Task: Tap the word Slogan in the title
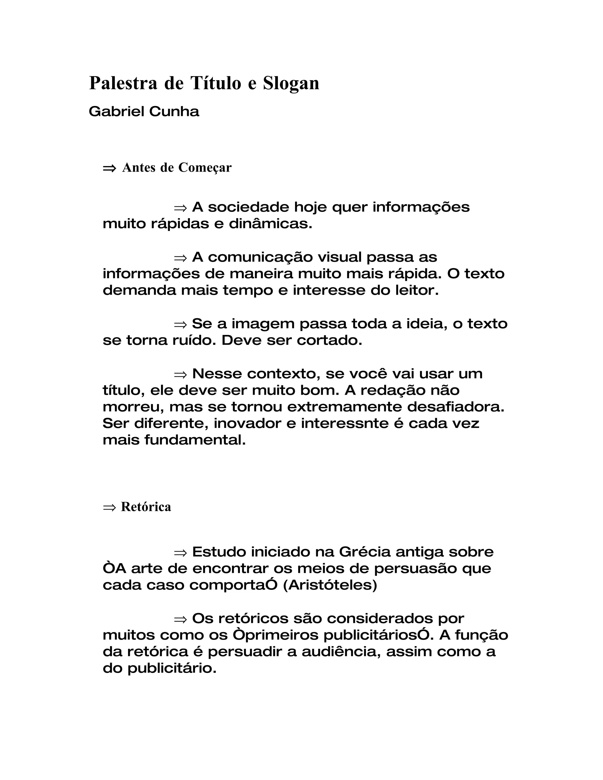[x=291, y=84]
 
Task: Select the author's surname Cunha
[x=174, y=112]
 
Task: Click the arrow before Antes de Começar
[x=109, y=168]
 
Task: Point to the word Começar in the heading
[x=205, y=168]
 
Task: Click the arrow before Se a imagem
[x=180, y=324]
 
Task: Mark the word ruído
[x=194, y=340]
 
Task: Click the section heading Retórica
[x=146, y=507]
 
